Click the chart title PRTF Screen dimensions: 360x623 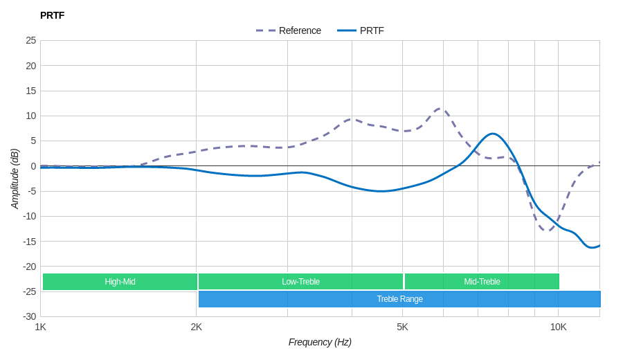52,15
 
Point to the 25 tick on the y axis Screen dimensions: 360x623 31,40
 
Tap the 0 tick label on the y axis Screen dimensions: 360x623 33,166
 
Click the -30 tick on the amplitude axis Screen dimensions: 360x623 29,316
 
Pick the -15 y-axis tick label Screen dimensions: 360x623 29,241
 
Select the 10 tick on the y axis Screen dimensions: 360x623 31,116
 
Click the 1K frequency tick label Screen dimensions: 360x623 41,327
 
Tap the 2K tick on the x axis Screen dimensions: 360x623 197,327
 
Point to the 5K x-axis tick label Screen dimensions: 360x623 402,327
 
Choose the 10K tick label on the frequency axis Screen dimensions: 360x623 558,327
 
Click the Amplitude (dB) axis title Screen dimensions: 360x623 15,179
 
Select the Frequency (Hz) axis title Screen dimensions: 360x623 320,342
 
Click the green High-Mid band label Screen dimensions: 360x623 120,282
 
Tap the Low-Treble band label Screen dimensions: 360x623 300,282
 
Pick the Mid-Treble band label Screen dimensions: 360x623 482,282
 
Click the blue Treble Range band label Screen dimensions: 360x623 399,299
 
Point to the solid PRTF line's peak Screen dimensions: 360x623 491,134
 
